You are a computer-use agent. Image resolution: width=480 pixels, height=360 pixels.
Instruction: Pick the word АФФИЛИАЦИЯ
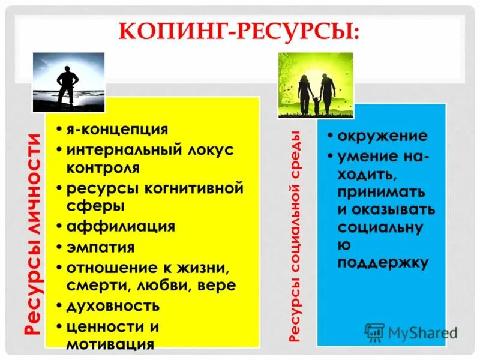(x=121, y=226)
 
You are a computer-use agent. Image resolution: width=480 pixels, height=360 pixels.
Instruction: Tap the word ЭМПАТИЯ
(x=101, y=247)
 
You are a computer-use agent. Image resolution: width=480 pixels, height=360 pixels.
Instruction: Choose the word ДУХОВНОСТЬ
(x=113, y=305)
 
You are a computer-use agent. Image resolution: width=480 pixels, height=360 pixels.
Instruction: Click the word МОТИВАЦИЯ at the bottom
(x=110, y=344)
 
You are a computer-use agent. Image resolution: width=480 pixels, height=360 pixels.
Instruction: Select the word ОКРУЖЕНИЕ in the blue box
(x=382, y=136)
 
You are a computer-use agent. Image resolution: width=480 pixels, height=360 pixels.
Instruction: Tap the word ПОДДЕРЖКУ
(x=382, y=262)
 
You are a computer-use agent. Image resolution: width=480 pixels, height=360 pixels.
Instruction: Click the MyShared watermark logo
(x=411, y=332)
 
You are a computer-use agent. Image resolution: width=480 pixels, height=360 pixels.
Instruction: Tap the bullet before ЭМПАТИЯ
(x=60, y=247)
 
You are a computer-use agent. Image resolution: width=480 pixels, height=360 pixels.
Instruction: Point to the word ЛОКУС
(x=210, y=150)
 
